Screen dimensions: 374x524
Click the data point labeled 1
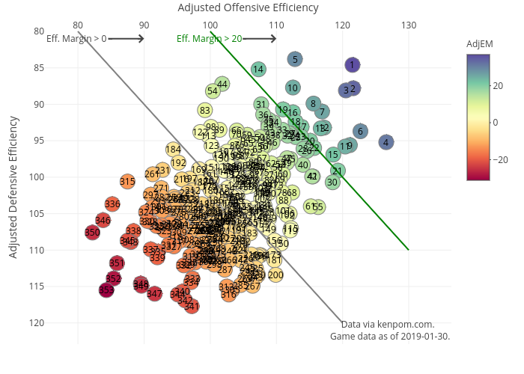(x=352, y=65)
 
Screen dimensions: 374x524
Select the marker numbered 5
(x=295, y=59)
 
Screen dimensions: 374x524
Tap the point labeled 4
(x=386, y=142)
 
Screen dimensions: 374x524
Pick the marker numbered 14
(x=258, y=70)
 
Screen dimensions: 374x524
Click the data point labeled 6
(x=360, y=132)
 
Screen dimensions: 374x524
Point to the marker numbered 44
(x=222, y=84)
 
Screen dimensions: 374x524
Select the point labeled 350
(x=92, y=233)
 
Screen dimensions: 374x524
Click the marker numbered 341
(x=192, y=306)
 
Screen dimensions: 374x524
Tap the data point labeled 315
(x=128, y=181)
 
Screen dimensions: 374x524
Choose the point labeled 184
(x=174, y=150)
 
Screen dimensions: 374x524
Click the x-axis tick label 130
(x=409, y=25)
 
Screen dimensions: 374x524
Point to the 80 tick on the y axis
(x=39, y=31)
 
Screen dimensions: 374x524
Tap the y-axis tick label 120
(x=37, y=322)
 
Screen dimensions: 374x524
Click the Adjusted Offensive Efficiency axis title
(x=248, y=7)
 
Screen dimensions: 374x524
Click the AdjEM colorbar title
(x=479, y=44)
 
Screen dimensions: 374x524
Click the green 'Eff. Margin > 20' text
(x=209, y=38)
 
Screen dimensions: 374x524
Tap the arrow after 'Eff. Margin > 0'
(x=127, y=37)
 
